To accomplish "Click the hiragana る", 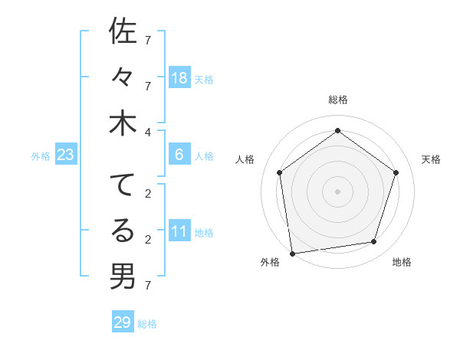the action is (x=123, y=230).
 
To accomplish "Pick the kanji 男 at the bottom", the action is (x=123, y=276).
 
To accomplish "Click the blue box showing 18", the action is (x=179, y=78).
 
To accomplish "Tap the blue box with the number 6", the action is (x=179, y=155).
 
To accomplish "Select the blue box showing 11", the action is (x=179, y=231).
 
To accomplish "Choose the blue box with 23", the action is (x=66, y=155).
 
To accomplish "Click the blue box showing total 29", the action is (x=123, y=322).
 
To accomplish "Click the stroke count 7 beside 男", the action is (x=147, y=286).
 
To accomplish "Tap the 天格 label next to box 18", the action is (x=204, y=79).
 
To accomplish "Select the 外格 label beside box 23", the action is (x=41, y=156).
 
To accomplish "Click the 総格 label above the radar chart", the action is (x=338, y=100).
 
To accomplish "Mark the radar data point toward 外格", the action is (x=292, y=253).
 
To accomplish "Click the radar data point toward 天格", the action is (x=396, y=172).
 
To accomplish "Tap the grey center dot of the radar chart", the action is (x=337, y=191).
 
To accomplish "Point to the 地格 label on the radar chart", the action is (x=402, y=262).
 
